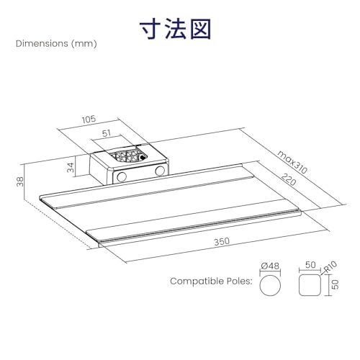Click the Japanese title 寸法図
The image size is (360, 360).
(176, 30)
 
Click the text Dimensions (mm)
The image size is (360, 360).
(56, 44)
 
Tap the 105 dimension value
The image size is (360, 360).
(89, 120)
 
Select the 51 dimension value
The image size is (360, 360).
(107, 133)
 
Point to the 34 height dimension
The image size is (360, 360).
(71, 167)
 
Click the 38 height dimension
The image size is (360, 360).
(20, 181)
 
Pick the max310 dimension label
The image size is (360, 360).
(292, 162)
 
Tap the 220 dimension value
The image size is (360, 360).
(289, 179)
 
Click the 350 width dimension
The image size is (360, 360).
(222, 242)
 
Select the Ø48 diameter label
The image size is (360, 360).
(270, 266)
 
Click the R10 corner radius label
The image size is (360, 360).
(330, 267)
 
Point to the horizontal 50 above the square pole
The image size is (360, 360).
(310, 265)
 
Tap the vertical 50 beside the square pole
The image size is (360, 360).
(336, 284)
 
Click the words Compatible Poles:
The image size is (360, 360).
(212, 281)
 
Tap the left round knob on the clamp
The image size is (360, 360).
(122, 176)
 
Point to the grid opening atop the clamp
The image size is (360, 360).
(129, 155)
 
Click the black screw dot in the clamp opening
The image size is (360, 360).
(143, 158)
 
